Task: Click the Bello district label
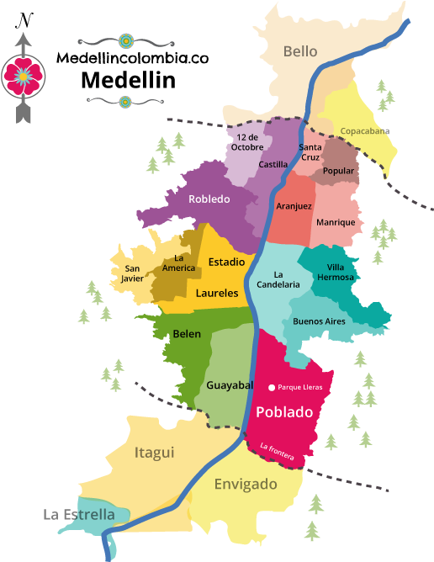(300, 51)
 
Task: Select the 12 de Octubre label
(246, 141)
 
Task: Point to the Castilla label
(273, 165)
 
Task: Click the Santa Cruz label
(310, 152)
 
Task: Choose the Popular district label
(339, 171)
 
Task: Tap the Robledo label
(209, 199)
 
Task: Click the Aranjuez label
(294, 206)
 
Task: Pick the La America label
(179, 263)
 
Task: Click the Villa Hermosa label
(336, 272)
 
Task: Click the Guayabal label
(230, 385)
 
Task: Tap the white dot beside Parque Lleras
(271, 388)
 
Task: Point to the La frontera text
(278, 452)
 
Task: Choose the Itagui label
(155, 453)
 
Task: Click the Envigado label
(246, 485)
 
